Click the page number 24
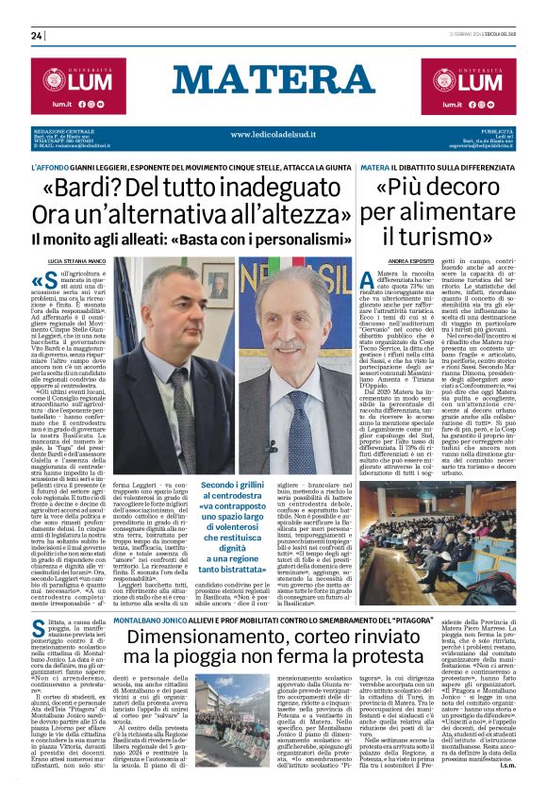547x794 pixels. tap(37, 36)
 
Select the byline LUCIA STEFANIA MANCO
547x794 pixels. tap(82, 259)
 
